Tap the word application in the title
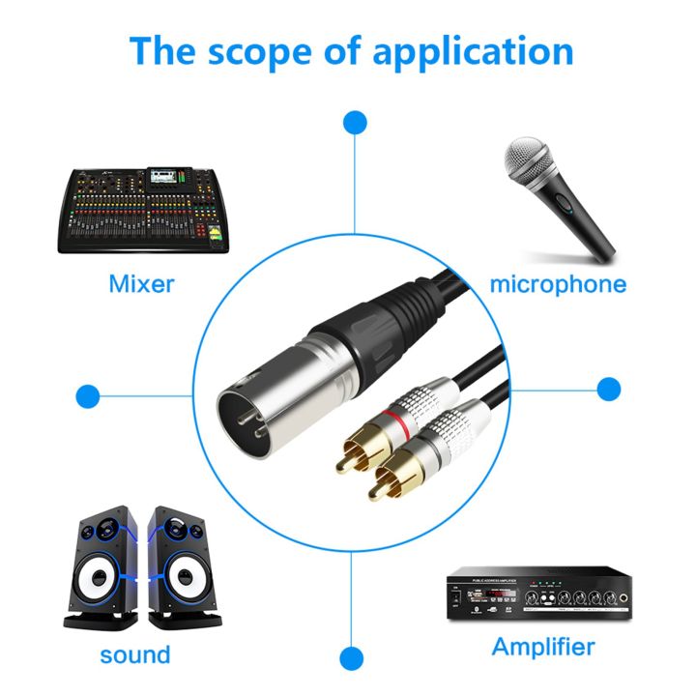tap(473, 50)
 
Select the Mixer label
tap(141, 284)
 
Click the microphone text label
tap(558, 284)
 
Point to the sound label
tap(135, 654)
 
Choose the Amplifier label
tap(543, 646)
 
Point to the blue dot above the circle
tap(356, 123)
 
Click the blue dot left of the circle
tap(88, 395)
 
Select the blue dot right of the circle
tap(609, 390)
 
